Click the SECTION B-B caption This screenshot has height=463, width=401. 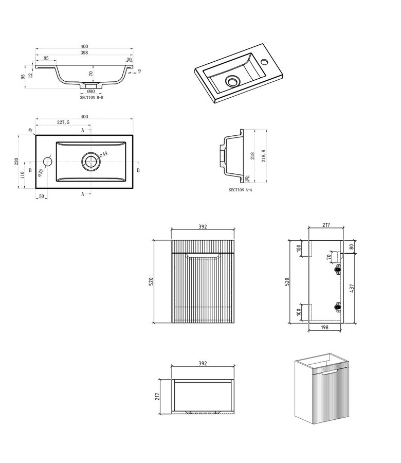coord(92,97)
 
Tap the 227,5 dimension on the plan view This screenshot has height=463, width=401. coord(64,122)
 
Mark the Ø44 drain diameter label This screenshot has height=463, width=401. coord(103,154)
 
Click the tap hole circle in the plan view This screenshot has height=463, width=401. coord(47,162)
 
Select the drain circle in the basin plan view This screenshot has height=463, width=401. coord(91,162)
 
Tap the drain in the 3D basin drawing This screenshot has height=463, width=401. coord(233,81)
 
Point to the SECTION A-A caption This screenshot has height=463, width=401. coord(240,190)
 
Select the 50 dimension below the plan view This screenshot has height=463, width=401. coord(41,197)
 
